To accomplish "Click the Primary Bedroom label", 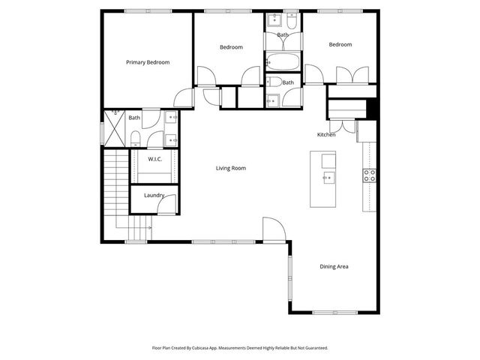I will pos(148,62).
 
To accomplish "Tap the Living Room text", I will pos(230,168).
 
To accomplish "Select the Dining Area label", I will pos(334,266).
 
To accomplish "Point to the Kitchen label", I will pos(326,134).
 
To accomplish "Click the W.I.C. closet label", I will pos(154,159).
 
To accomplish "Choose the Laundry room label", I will pos(154,195).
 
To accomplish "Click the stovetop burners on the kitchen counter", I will pos(370,175).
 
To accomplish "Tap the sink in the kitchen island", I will pos(328,178).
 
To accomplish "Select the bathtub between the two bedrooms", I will pos(283,61).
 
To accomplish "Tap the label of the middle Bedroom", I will pos(231,47).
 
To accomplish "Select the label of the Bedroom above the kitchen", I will pos(340,44).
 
